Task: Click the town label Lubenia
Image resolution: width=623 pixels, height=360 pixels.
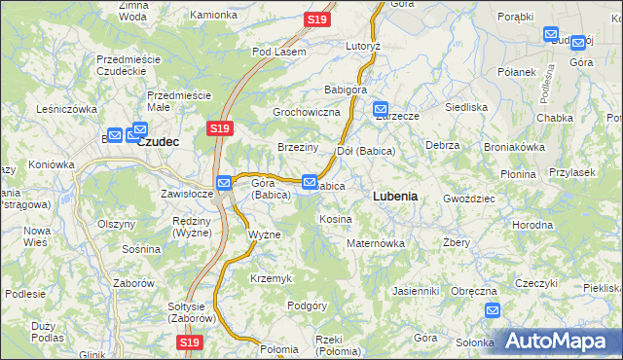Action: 395,196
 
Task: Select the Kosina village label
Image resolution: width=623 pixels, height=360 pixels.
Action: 336,219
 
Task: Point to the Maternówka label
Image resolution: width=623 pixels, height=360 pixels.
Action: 376,243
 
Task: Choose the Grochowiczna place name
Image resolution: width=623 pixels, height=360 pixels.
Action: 306,113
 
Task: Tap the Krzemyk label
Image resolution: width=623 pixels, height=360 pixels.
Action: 271,278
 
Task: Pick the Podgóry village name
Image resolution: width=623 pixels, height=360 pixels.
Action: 307,306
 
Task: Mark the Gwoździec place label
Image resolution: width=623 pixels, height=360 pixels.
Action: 469,198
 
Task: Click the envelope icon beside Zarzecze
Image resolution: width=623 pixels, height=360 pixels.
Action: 380,110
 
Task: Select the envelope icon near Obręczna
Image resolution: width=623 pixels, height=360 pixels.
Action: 493,310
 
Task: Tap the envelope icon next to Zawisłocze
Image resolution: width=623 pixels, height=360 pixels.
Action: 224,182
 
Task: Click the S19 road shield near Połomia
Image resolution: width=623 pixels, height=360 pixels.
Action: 190,342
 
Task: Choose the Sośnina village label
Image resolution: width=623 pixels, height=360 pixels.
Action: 141,249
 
